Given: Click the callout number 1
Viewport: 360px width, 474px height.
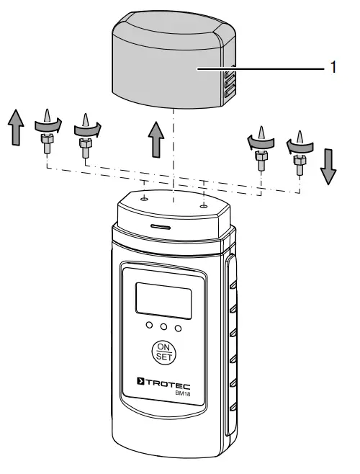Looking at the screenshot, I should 333,68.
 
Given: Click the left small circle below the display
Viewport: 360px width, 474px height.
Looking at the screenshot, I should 148,327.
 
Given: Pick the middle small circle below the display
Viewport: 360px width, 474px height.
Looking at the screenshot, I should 163,327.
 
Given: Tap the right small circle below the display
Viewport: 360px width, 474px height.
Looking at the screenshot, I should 178,327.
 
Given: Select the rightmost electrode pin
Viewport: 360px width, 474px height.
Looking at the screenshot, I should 298,148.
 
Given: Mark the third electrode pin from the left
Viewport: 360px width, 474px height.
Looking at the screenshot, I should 261,148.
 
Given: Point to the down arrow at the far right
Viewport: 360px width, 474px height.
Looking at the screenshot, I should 328,166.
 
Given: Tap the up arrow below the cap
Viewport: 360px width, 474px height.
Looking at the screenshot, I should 153,138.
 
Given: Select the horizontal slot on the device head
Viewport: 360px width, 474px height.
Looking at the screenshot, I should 161,225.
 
